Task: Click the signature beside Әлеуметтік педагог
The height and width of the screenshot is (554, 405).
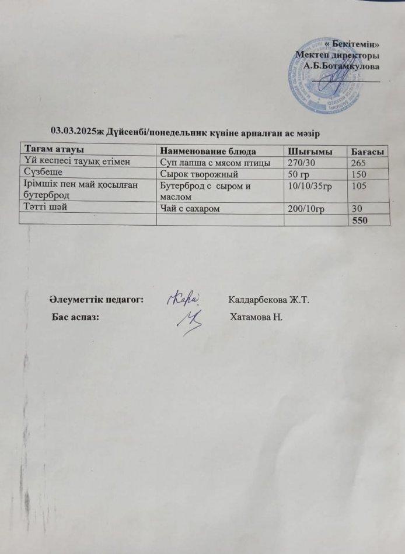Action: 184,298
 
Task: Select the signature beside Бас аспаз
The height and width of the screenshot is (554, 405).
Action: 190,321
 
